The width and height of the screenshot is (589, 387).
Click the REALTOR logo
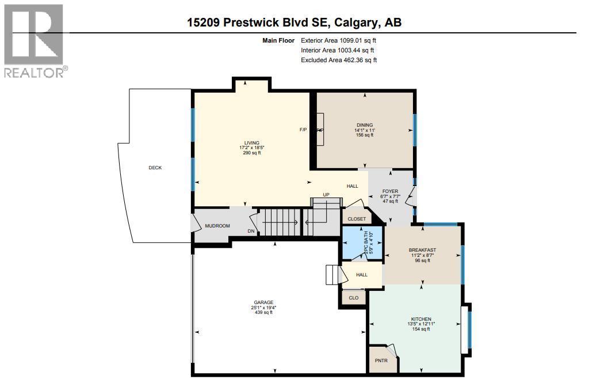coord(35,40)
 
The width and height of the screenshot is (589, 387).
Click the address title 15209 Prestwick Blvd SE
coord(294,22)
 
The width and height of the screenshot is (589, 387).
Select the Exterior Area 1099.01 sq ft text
coord(338,41)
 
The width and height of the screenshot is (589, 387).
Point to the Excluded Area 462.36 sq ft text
coord(339,60)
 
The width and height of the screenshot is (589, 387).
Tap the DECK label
coord(155,168)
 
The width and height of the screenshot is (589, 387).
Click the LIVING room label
coord(251,143)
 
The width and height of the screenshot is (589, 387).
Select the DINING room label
coord(364,125)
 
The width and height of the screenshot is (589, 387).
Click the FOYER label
coord(390,191)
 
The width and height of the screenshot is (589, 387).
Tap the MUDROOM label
coord(217,226)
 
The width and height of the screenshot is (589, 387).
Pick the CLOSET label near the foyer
coord(357,219)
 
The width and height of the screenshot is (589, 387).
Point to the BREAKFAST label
coord(422,250)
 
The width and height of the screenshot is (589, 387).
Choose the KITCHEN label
coord(421,319)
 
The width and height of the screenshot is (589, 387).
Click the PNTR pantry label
coord(381,361)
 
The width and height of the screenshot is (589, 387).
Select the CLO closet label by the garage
coord(354,298)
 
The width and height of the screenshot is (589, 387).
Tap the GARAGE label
coord(263,302)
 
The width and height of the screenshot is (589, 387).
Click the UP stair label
coord(326,195)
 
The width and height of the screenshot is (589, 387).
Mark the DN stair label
coord(251,232)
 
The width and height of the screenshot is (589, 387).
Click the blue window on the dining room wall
coord(414,130)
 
